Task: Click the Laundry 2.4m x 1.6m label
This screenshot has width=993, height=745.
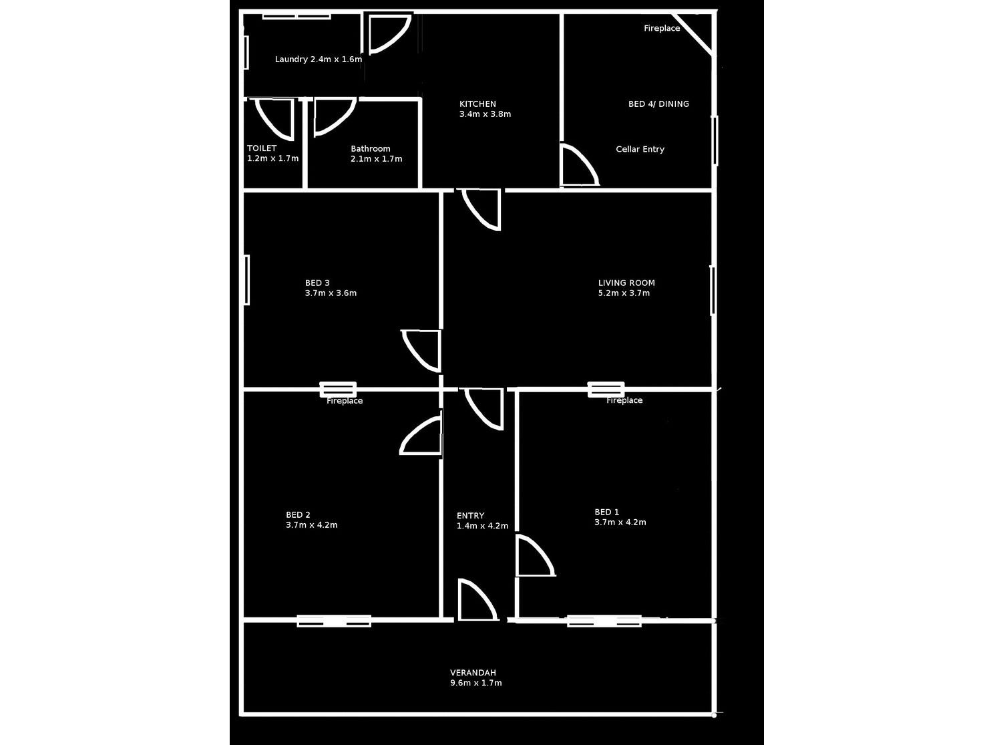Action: pyautogui.click(x=318, y=59)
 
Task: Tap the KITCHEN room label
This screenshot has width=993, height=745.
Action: pyautogui.click(x=477, y=104)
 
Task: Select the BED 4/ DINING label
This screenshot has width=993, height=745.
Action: pyautogui.click(x=658, y=104)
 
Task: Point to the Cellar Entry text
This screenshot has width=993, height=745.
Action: pyautogui.click(x=640, y=150)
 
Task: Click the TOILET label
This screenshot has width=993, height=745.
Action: pyautogui.click(x=262, y=148)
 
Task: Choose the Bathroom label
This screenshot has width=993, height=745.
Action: pyautogui.click(x=370, y=149)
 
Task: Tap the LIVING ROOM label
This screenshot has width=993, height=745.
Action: pyautogui.click(x=626, y=283)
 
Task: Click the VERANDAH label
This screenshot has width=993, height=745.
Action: pyautogui.click(x=473, y=673)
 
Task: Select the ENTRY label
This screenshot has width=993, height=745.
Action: pyautogui.click(x=470, y=516)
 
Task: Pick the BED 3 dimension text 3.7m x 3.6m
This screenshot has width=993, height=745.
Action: pyautogui.click(x=331, y=293)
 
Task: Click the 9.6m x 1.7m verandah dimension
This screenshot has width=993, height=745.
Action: pyautogui.click(x=475, y=684)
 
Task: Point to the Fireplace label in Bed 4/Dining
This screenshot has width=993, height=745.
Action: pyautogui.click(x=662, y=29)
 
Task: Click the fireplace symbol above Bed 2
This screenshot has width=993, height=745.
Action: pyautogui.click(x=338, y=389)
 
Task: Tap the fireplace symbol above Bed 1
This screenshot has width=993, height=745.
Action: pyautogui.click(x=606, y=389)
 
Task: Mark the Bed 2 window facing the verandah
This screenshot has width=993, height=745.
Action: pyautogui.click(x=334, y=621)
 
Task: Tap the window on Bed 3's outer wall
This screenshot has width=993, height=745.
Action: pyautogui.click(x=246, y=280)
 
